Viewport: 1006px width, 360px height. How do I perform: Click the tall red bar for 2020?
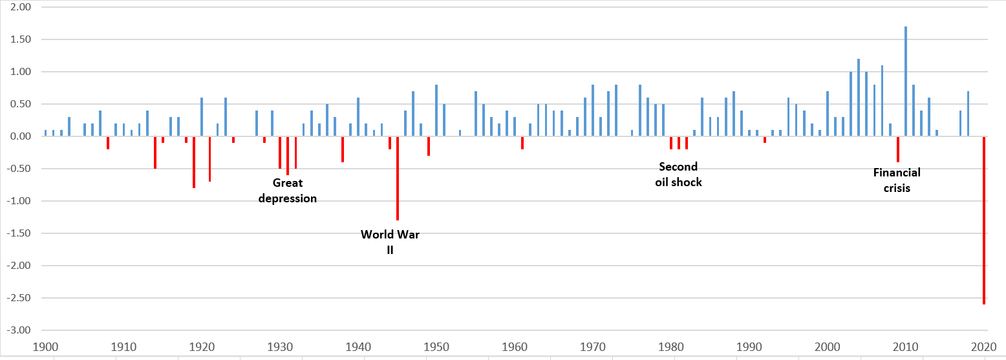coord(984,220)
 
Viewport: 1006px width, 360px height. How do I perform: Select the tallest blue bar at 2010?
coord(906,81)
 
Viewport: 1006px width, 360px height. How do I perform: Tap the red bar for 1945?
coord(398,178)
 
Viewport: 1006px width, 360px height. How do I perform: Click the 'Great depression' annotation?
coord(288,191)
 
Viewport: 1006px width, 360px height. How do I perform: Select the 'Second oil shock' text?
coord(678,175)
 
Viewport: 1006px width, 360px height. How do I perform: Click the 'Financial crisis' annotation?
coord(897,180)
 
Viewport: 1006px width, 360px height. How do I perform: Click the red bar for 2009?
coord(898,149)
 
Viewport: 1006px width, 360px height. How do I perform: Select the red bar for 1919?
coord(194,162)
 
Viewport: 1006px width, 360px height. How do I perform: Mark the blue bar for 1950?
coord(436,111)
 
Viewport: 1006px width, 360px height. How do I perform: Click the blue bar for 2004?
coord(859,98)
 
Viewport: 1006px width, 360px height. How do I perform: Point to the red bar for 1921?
coord(209,159)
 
